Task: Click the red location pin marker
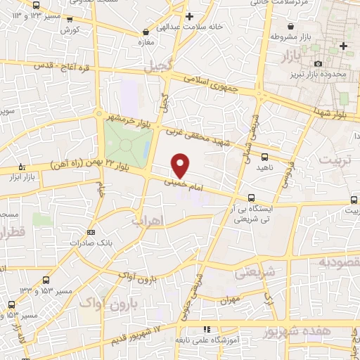(181, 166)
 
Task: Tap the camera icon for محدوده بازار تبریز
(319, 64)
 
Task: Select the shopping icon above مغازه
(146, 32)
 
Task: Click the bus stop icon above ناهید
(264, 157)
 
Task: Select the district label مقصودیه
(342, 262)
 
